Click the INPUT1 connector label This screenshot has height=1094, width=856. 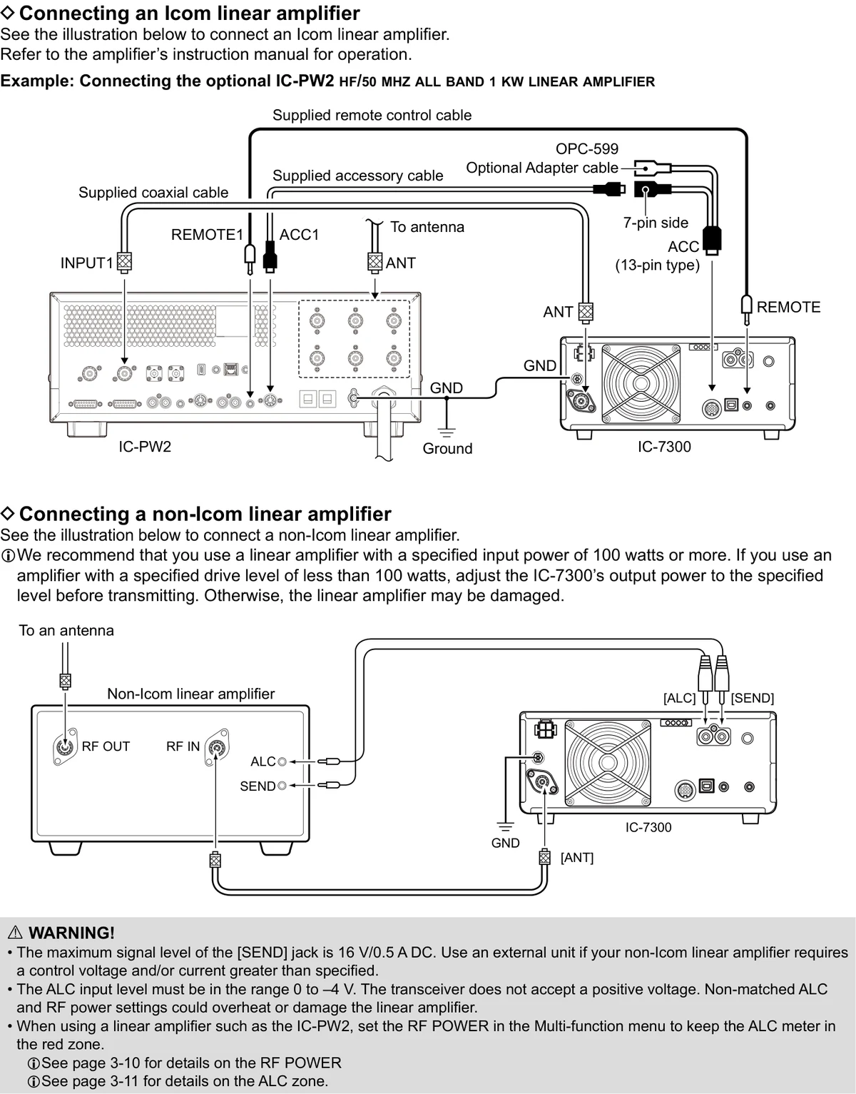click(86, 263)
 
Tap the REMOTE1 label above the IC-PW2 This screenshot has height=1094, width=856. click(207, 235)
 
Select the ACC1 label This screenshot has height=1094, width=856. click(299, 235)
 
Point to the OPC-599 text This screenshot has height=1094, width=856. click(587, 149)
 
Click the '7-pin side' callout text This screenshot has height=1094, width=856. click(656, 223)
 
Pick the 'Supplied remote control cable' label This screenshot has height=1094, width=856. click(372, 116)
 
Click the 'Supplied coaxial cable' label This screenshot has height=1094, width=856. click(153, 192)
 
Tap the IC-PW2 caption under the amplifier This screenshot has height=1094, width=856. click(145, 447)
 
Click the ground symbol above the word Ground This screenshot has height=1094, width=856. click(447, 432)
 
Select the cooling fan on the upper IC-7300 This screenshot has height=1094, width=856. click(641, 384)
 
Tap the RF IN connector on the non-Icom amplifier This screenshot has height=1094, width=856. click(217, 747)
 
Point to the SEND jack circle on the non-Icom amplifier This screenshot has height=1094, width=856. click(282, 786)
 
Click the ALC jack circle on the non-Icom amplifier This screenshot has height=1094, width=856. click(282, 761)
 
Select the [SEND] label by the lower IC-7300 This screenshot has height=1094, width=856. click(753, 698)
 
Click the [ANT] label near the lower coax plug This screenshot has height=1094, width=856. click(577, 857)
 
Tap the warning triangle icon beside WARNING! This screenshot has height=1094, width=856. click(16, 933)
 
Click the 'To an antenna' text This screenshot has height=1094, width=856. click(66, 630)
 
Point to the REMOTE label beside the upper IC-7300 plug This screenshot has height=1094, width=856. click(788, 307)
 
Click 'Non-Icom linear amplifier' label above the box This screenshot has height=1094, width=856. click(190, 694)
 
